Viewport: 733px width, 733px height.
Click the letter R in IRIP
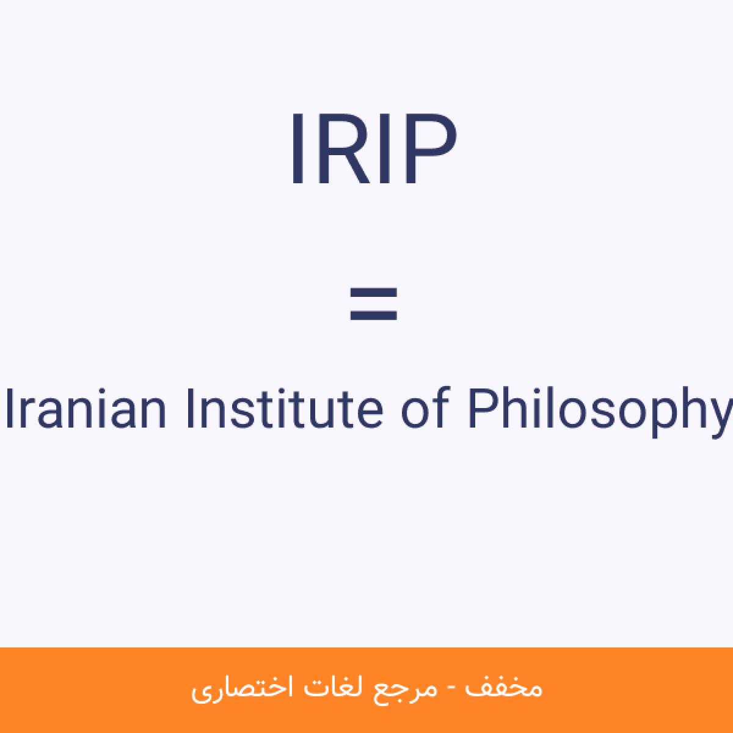(x=345, y=148)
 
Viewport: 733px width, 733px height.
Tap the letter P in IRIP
(x=431, y=148)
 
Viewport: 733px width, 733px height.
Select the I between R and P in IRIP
(x=385, y=148)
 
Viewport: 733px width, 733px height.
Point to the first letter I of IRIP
(x=297, y=148)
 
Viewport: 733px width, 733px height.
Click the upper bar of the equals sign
(x=374, y=293)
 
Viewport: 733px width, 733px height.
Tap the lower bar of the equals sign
(x=374, y=315)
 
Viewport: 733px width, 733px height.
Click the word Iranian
(x=86, y=409)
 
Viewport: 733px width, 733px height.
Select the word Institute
(x=285, y=409)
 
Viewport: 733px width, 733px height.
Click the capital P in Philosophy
(x=484, y=409)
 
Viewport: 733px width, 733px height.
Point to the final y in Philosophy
(x=718, y=419)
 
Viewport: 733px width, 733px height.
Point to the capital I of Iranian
(x=10, y=409)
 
